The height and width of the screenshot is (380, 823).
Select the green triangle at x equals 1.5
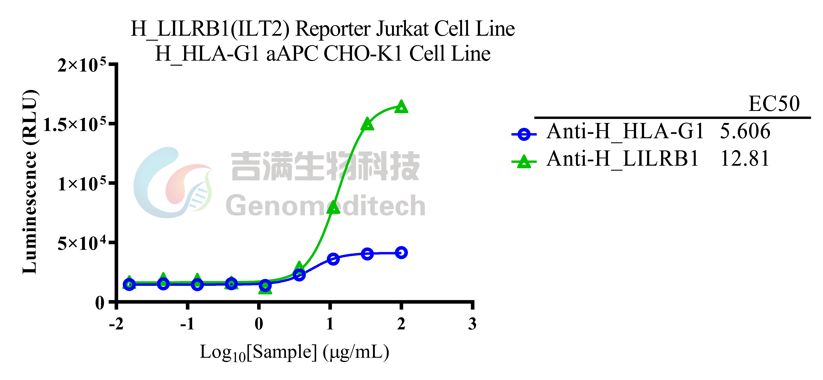click(367, 124)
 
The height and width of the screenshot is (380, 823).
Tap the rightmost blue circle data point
click(401, 252)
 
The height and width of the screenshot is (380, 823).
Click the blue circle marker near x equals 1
click(333, 259)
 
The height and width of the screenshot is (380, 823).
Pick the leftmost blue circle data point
click(129, 284)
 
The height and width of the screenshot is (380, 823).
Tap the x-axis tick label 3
click(472, 324)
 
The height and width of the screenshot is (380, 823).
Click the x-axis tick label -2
click(116, 324)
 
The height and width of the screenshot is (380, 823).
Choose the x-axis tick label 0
click(259, 324)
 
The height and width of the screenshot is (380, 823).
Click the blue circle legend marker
click(524, 134)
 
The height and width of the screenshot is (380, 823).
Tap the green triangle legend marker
click(524, 161)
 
